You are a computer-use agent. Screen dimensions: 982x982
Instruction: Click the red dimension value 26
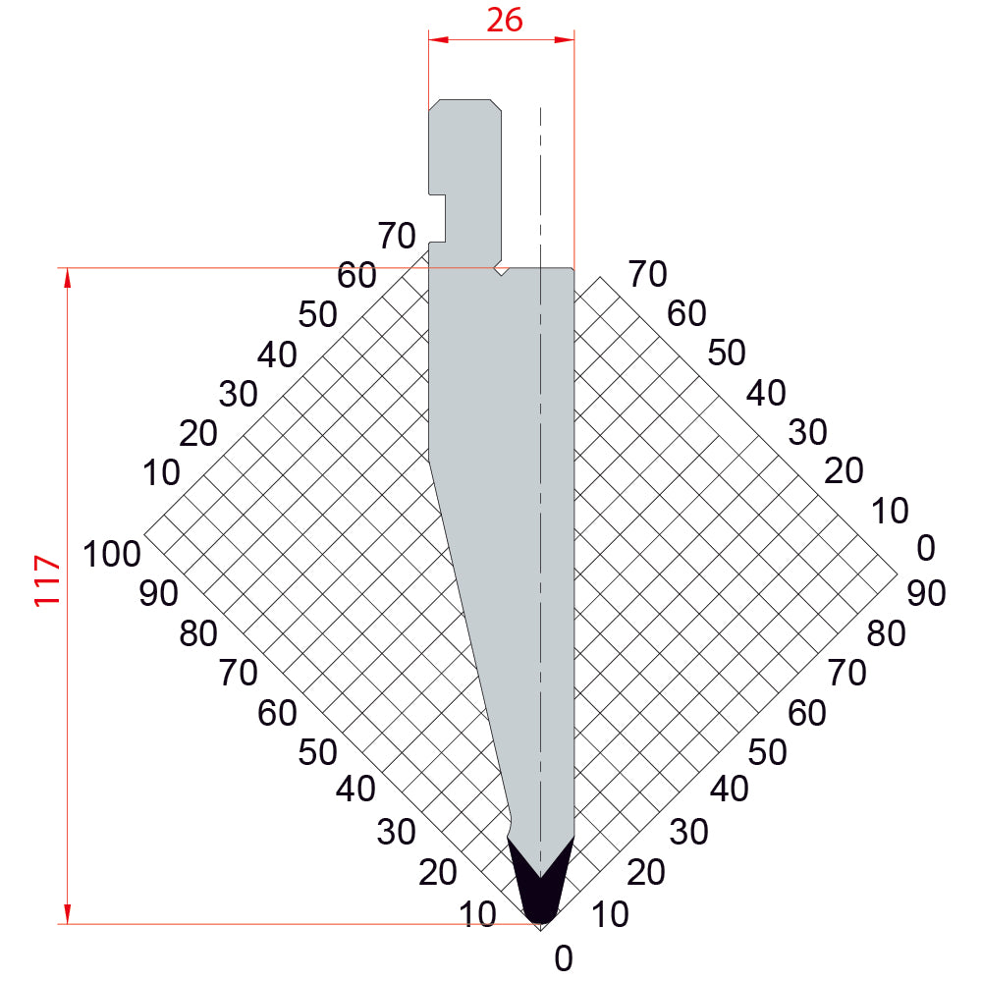504,20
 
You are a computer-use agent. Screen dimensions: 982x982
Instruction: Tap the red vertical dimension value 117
47,580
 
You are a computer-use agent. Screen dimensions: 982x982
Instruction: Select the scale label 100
112,554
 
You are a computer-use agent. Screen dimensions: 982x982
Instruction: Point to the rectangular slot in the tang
437,218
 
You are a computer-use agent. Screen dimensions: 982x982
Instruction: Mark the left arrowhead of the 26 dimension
439,40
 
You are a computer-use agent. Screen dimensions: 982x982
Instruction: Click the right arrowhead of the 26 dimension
565,40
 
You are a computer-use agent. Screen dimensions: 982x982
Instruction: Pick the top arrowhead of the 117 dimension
68,279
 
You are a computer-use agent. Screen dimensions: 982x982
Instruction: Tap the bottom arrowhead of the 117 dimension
68,913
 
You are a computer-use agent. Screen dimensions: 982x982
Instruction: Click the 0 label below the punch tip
563,958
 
